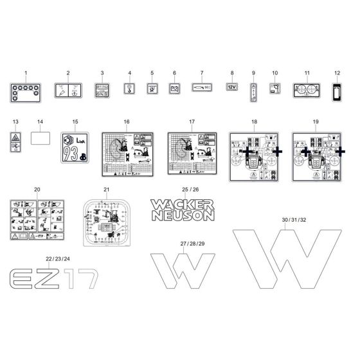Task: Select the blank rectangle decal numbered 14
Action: [40, 137]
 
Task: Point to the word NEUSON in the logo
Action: [183, 216]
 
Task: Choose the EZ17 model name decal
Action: [53, 279]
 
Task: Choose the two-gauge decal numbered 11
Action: [307, 90]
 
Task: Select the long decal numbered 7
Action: [201, 88]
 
